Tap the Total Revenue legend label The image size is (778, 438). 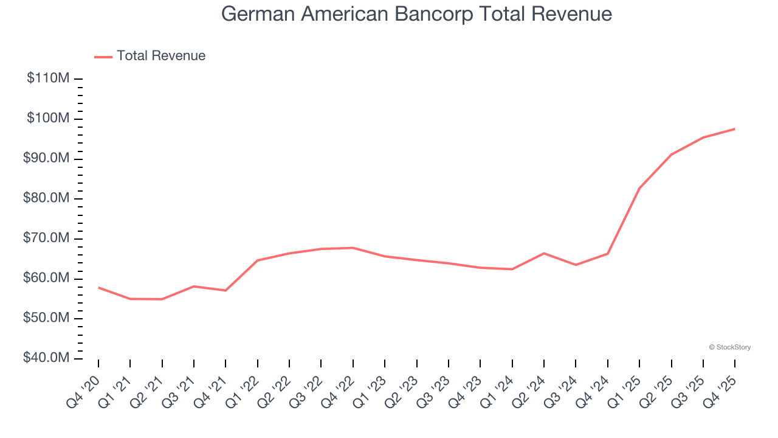click(x=161, y=56)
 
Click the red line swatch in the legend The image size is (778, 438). click(x=103, y=57)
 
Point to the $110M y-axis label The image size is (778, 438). click(x=48, y=78)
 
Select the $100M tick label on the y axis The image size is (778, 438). click(x=48, y=118)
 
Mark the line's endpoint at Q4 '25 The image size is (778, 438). click(x=735, y=129)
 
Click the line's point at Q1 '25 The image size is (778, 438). click(x=639, y=188)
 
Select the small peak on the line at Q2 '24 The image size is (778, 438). click(x=544, y=253)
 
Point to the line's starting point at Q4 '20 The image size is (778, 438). click(x=98, y=287)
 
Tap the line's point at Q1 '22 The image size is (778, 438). click(x=258, y=260)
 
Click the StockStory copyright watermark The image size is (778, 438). click(x=729, y=347)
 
